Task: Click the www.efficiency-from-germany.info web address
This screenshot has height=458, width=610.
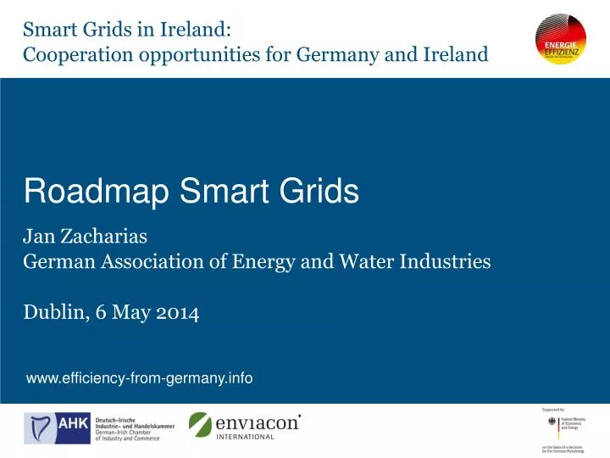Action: click(x=139, y=378)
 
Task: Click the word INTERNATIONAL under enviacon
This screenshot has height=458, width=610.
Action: click(x=247, y=437)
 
